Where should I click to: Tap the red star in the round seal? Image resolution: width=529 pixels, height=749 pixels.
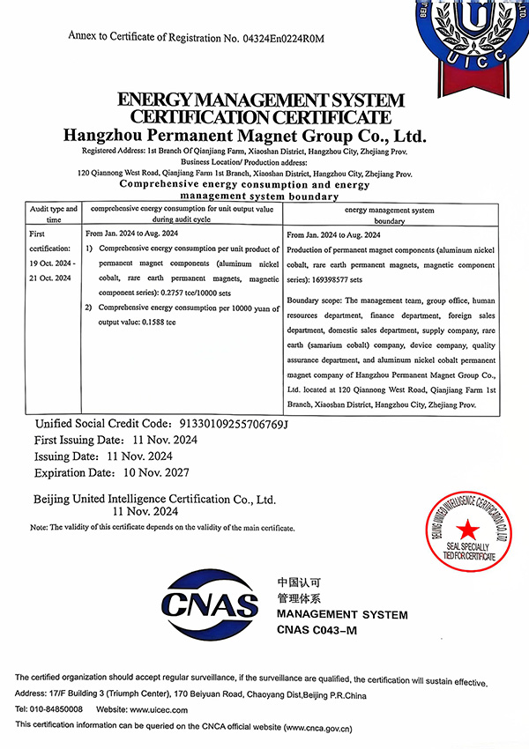467,530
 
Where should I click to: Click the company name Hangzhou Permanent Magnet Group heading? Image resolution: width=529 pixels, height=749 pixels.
246,137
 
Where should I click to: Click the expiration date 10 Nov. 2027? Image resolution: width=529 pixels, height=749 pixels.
140,471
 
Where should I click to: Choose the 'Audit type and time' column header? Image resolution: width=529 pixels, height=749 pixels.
54,214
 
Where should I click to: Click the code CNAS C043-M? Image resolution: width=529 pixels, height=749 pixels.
317,628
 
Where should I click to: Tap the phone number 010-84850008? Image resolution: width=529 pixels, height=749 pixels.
57,709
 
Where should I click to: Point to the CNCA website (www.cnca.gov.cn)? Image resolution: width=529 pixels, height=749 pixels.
317,729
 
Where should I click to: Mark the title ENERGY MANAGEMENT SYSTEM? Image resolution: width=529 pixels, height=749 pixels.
261,100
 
